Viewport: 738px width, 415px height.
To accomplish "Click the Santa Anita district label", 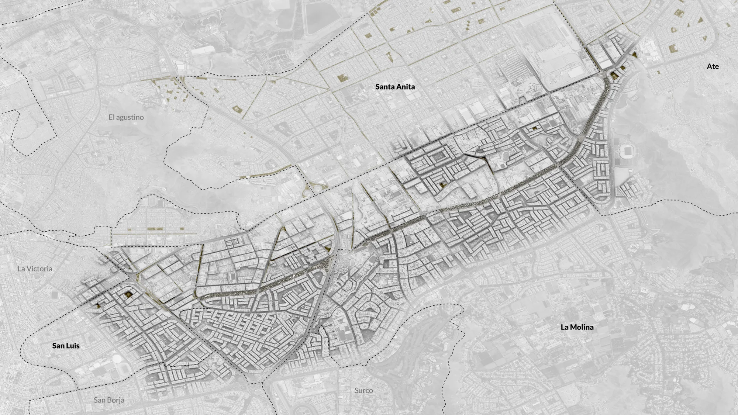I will (395, 87).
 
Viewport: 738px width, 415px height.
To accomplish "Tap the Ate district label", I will (713, 66).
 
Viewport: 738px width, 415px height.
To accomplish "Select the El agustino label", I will (126, 117).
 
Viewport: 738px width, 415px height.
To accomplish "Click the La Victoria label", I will (35, 269).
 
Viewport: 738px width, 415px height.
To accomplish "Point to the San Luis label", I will (66, 346).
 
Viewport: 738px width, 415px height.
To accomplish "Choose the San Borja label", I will (109, 400).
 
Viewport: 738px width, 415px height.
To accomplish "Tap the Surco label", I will (363, 390).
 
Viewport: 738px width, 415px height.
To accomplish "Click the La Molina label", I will (577, 327).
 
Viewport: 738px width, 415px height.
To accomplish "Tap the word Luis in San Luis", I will (73, 346).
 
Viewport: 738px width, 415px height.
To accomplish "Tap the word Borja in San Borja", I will (117, 400).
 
